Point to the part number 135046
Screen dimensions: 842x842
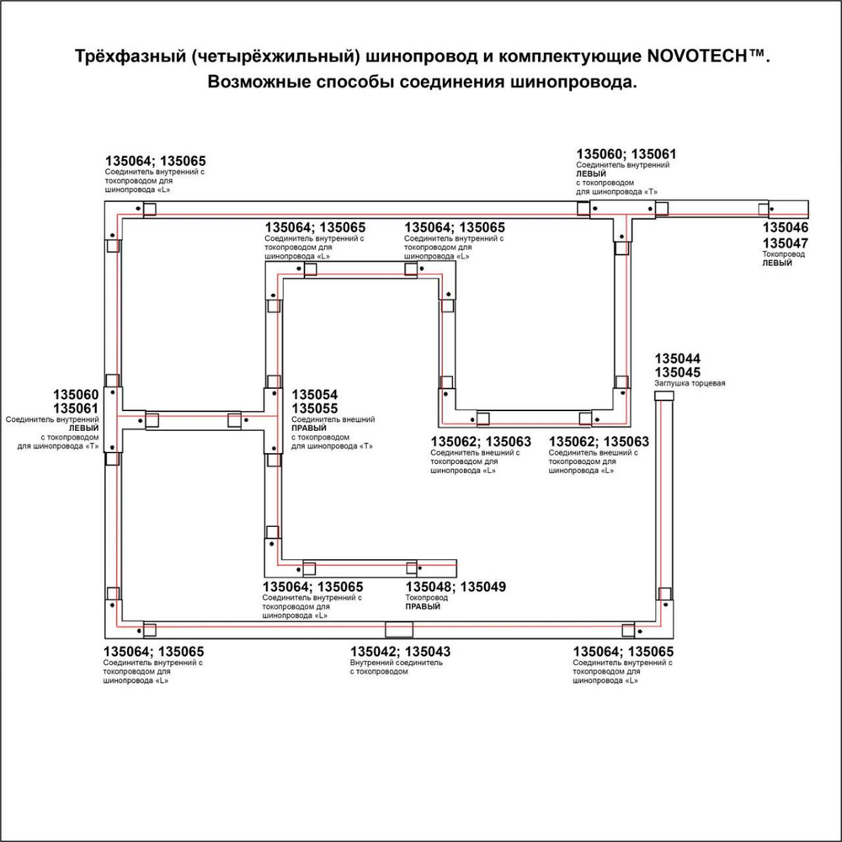pyautogui.click(x=786, y=228)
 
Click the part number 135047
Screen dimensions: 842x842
pyautogui.click(x=786, y=242)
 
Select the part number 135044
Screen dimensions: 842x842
pyautogui.click(x=678, y=359)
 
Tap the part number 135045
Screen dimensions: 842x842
pyautogui.click(x=678, y=372)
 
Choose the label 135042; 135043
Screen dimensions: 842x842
pyautogui.click(x=400, y=651)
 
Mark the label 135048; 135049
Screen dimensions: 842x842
pyautogui.click(x=456, y=587)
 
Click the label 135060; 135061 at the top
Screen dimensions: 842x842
pyautogui.click(x=626, y=154)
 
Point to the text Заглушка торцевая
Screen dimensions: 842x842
pyautogui.click(x=690, y=383)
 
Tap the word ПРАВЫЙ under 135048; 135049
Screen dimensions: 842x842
pyautogui.click(x=424, y=606)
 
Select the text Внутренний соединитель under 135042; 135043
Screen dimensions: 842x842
pyautogui.click(x=396, y=663)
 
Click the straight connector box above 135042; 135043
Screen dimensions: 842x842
pyautogui.click(x=398, y=629)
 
